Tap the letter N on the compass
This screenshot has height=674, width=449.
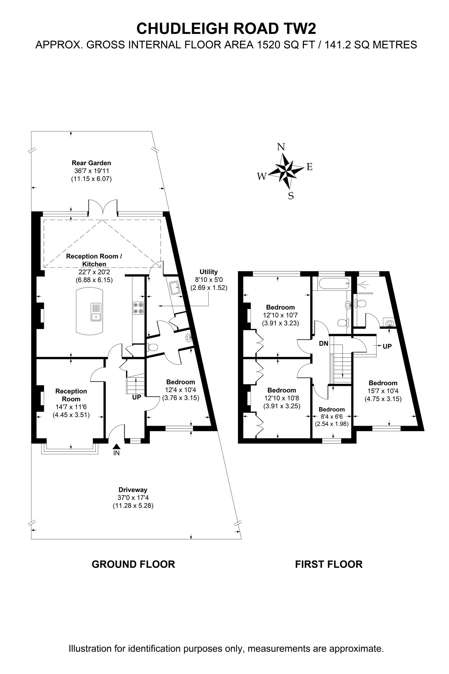281,147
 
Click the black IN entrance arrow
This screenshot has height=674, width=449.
117,446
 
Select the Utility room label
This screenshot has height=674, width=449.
208,271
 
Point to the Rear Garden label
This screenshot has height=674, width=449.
91,163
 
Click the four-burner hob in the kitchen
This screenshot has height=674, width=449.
138,308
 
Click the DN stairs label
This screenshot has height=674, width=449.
323,343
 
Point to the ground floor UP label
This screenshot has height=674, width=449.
137,397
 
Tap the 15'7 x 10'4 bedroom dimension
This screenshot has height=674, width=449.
383,391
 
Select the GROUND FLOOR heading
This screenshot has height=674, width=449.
133,564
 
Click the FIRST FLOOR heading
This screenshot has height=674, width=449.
329,564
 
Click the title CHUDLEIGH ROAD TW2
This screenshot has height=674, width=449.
226,28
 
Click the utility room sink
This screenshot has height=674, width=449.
174,287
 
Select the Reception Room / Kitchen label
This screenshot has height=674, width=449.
94,260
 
